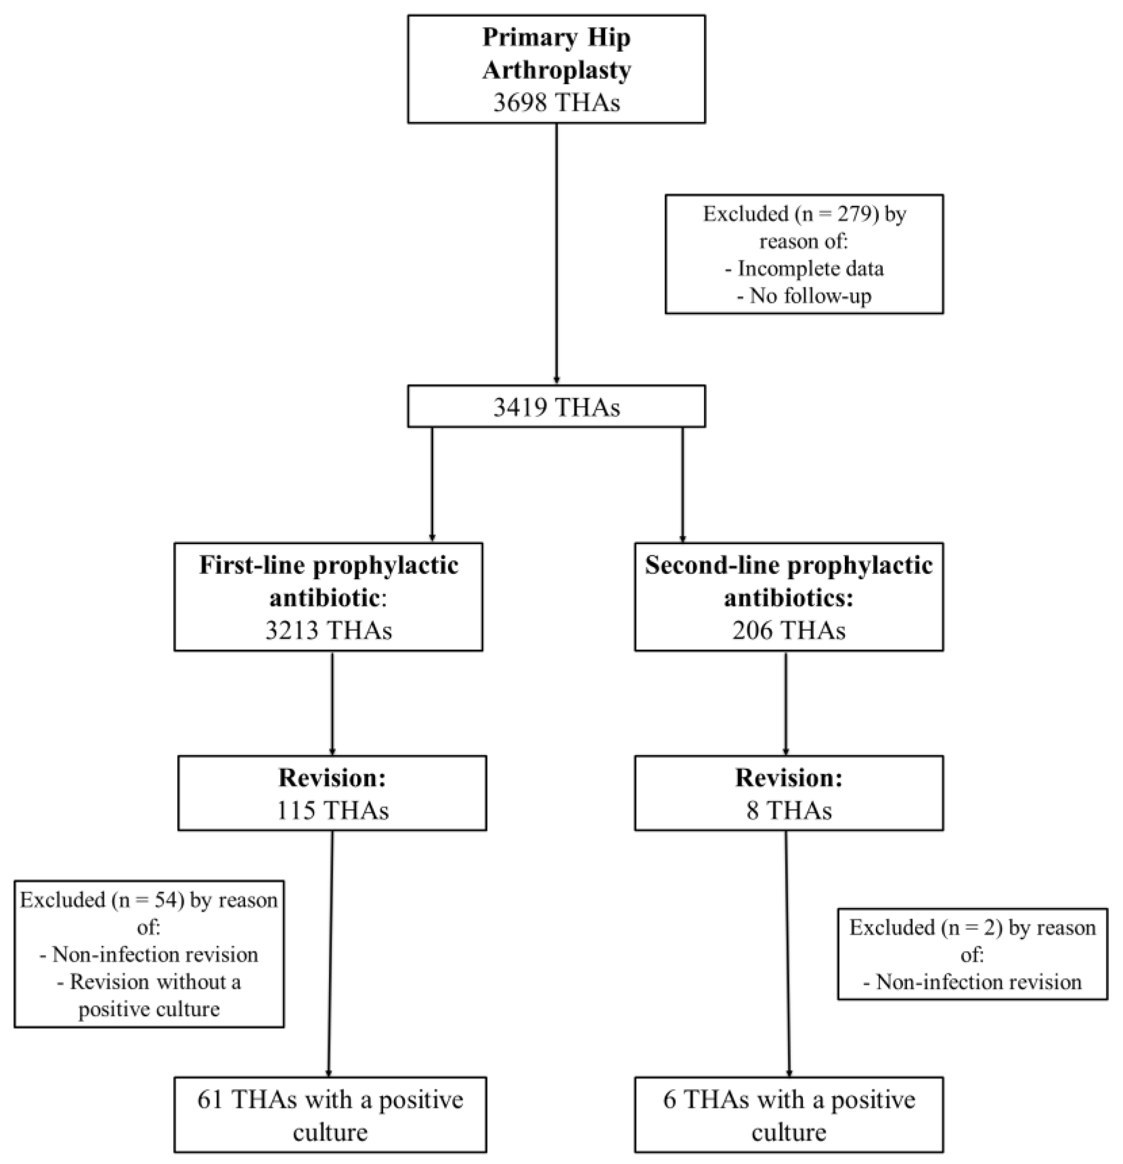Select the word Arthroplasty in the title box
556,70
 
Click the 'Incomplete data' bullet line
804,268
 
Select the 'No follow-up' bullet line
804,296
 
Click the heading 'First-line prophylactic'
328,565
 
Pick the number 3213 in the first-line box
292,630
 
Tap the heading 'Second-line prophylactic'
788,565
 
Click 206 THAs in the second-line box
788,630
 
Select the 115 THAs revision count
333,811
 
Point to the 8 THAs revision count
788,811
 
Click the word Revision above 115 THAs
333,778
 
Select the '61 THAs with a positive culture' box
330,1115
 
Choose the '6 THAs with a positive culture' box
788,1115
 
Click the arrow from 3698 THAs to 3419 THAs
556,255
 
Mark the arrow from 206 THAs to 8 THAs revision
786,704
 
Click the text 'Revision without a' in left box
149,982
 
